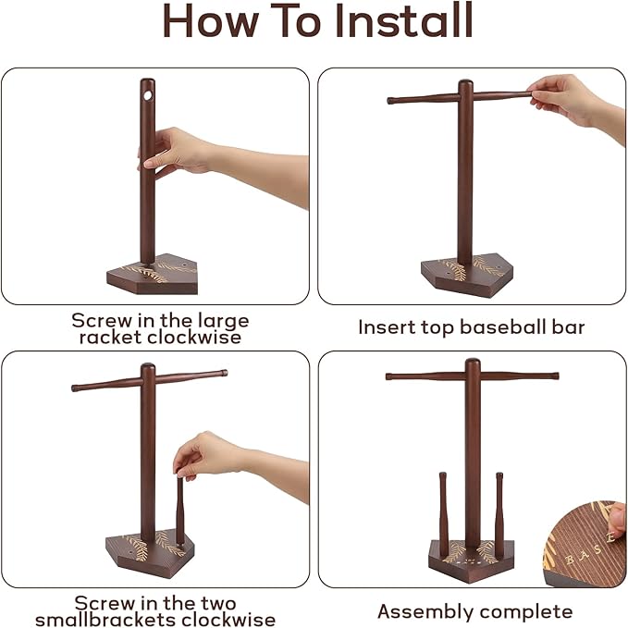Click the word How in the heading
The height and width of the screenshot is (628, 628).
pos(210,21)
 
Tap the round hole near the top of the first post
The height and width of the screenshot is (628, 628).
pos(148,95)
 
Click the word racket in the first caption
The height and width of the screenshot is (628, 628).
pos(110,338)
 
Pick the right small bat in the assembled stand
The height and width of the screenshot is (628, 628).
pos(499,514)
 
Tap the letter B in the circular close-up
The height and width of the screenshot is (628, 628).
pos(569,560)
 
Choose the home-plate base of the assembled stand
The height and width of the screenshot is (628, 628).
pos(471,560)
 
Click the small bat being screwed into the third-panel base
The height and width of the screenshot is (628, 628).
pos(179,510)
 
